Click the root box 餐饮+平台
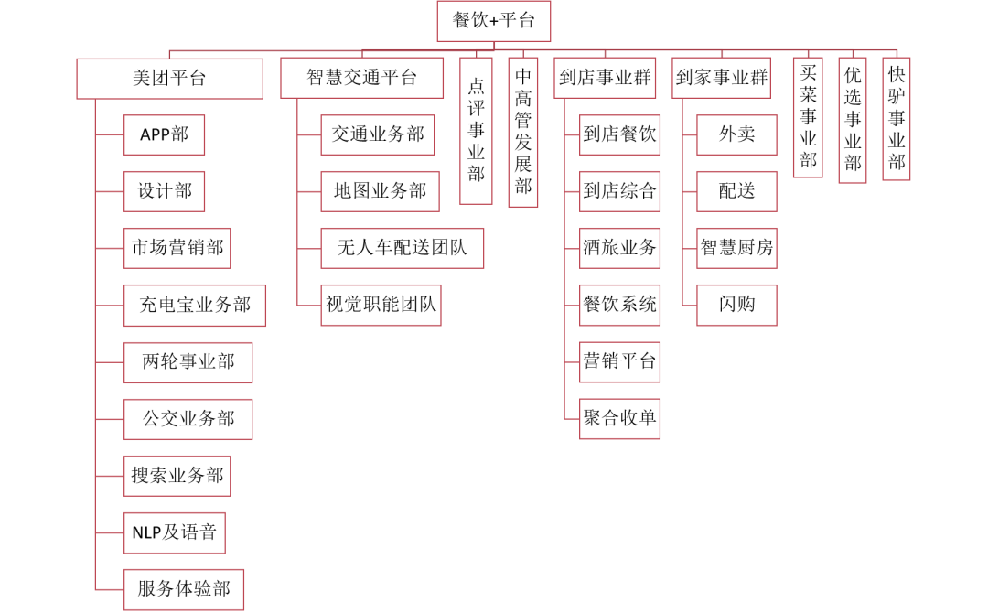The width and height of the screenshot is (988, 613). pos(494,21)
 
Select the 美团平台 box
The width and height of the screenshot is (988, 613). pos(169,79)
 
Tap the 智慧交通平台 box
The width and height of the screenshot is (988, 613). pos(361,78)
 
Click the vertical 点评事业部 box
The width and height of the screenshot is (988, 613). pos(476,131)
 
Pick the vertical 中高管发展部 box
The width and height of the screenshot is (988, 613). pos(523,133)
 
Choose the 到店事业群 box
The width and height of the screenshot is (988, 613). pos(605,78)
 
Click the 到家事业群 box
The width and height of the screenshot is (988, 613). pos(722,78)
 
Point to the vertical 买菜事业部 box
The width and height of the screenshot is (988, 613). pos(808,117)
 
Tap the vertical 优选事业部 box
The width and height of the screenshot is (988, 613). pos(853,121)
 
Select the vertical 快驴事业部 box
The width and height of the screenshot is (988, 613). pos(896,119)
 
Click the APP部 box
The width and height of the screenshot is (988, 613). pos(164,134)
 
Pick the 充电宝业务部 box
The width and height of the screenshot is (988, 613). pos(195,306)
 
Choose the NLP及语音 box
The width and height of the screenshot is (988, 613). pos(175,533)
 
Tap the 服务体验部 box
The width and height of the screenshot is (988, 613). pos(183,590)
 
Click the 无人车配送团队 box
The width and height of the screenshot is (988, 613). pos(402,248)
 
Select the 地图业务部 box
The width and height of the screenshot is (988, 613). pos(380,191)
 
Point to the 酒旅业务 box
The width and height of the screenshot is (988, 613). pos(619,248)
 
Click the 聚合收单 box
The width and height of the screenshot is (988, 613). pos(619,418)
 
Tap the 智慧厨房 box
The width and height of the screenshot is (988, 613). pos(736,248)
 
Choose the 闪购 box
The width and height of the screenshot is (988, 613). pos(736,305)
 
